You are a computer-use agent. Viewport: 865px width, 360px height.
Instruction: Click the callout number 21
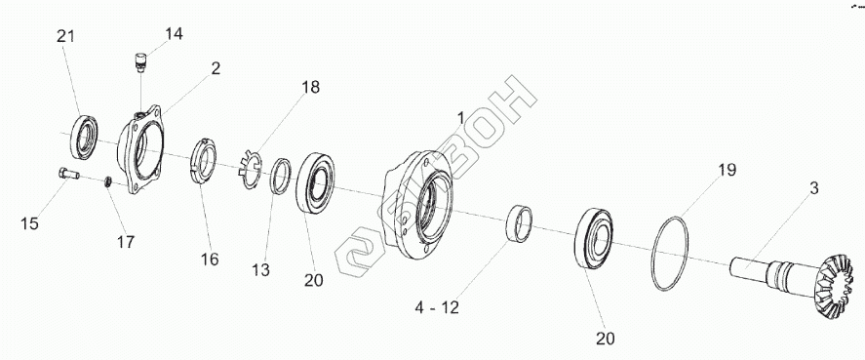point(65,36)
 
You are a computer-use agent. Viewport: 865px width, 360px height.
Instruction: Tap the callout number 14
point(174,34)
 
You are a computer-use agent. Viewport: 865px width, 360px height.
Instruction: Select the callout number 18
point(310,87)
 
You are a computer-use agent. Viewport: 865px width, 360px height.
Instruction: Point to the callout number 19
point(727,170)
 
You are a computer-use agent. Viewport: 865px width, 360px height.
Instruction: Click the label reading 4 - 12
point(437,308)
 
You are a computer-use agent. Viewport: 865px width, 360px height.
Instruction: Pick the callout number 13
point(261,270)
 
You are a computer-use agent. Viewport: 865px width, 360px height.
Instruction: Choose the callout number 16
point(210,259)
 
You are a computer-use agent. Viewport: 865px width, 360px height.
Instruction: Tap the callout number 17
point(126,241)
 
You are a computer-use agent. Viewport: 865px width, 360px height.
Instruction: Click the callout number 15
point(30,223)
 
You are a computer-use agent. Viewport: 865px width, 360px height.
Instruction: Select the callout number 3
point(813,187)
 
